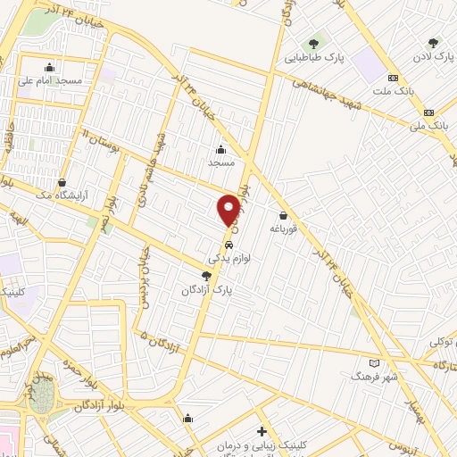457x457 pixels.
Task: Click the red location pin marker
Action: pos(228,209)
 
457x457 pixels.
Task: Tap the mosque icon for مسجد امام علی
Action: pos(49,67)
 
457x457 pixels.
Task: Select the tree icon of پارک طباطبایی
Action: pos(313,43)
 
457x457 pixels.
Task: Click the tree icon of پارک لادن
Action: pos(433,42)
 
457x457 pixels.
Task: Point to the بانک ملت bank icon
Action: pos(394,78)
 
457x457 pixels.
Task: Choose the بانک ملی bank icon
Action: pos(429,112)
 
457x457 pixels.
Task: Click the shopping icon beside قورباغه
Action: pos(284,214)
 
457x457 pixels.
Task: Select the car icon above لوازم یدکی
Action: pos(229,243)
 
